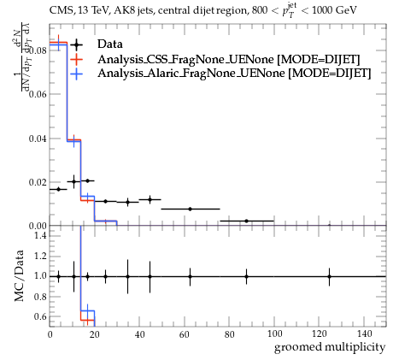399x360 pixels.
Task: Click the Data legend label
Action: [110, 44]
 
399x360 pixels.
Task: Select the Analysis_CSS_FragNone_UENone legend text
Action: [185, 59]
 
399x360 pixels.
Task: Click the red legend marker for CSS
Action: [76, 59]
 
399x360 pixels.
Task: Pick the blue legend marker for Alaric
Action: [76, 74]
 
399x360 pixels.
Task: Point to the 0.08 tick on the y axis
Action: [38, 51]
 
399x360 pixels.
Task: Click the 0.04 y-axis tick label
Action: [38, 139]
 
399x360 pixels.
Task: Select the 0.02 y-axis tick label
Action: [38, 182]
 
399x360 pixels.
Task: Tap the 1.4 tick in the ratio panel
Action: [40, 235]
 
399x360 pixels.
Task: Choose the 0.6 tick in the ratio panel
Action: [40, 316]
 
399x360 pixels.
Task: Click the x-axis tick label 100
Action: [274, 333]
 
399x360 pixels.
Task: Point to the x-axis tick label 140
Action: [364, 333]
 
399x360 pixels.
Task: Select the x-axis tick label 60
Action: [185, 333]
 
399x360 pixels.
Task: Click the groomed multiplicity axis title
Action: [330, 347]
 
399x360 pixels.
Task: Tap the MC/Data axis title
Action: [19, 276]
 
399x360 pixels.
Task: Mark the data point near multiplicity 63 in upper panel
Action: [191, 209]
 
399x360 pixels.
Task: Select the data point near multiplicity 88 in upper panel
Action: [246, 221]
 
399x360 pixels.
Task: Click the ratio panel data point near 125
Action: [330, 276]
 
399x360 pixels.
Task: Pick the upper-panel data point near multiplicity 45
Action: [150, 199]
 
